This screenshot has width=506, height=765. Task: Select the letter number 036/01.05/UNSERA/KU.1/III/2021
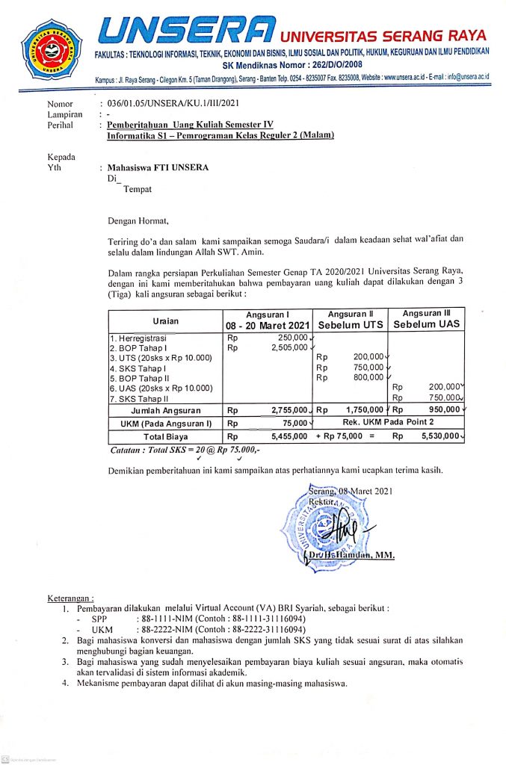[175, 104]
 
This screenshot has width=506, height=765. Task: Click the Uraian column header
[165, 319]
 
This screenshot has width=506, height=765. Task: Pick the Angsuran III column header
[427, 319]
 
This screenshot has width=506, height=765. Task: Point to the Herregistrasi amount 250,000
[288, 337]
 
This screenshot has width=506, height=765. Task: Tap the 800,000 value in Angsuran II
[367, 377]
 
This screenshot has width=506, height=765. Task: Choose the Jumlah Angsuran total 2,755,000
[287, 410]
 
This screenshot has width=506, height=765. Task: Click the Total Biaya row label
[164, 436]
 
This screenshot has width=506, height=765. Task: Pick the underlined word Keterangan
[71, 598]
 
